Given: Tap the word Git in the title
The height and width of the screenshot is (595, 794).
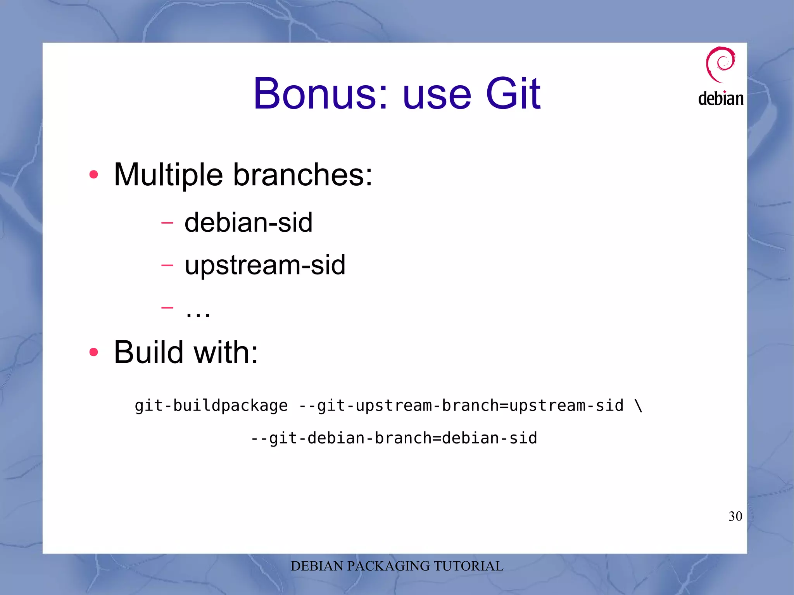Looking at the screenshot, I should click(x=513, y=94).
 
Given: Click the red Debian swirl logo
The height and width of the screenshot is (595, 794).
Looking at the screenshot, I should click(x=720, y=64).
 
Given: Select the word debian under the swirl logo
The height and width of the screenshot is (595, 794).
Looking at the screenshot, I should click(x=721, y=98).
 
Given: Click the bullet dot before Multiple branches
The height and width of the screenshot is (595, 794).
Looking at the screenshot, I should click(x=93, y=174).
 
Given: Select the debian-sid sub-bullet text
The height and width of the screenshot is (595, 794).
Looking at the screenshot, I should click(x=248, y=222).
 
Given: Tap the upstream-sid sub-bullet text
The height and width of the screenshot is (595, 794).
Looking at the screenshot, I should click(x=265, y=265).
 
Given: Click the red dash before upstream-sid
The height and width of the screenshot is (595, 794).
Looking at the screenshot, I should click(x=167, y=265).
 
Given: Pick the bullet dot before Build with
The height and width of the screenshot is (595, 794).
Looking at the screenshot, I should click(x=93, y=352).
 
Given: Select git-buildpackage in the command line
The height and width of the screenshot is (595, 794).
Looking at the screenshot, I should click(x=211, y=406).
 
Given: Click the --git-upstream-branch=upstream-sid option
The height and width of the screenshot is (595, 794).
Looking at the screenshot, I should click(x=461, y=406).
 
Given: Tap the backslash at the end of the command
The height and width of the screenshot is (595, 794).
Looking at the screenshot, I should click(x=639, y=406).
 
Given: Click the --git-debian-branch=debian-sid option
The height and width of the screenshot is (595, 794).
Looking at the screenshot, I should click(x=394, y=438).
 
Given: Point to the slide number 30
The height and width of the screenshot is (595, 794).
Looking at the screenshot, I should click(x=735, y=516).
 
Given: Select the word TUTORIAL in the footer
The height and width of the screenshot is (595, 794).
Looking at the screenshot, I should click(x=468, y=566).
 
